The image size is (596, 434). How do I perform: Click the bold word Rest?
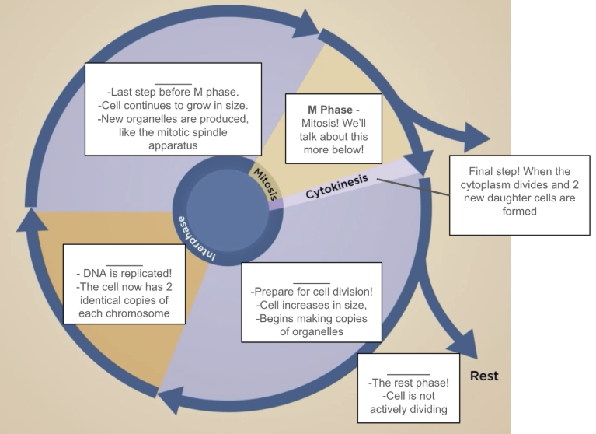(x=483, y=376)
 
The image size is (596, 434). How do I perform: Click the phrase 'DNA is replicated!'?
(x=124, y=273)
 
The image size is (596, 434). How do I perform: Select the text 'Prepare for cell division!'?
(x=312, y=292)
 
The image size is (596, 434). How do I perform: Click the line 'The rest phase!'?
(x=408, y=382)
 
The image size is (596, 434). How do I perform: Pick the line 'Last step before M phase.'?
(x=173, y=92)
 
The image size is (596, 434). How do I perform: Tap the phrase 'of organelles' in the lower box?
(x=311, y=333)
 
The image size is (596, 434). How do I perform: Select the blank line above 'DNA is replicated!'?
(x=124, y=263)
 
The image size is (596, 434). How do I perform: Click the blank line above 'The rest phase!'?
(x=408, y=372)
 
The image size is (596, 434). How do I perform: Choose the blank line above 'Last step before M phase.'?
(x=173, y=81)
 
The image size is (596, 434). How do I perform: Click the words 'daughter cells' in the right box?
(x=509, y=198)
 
